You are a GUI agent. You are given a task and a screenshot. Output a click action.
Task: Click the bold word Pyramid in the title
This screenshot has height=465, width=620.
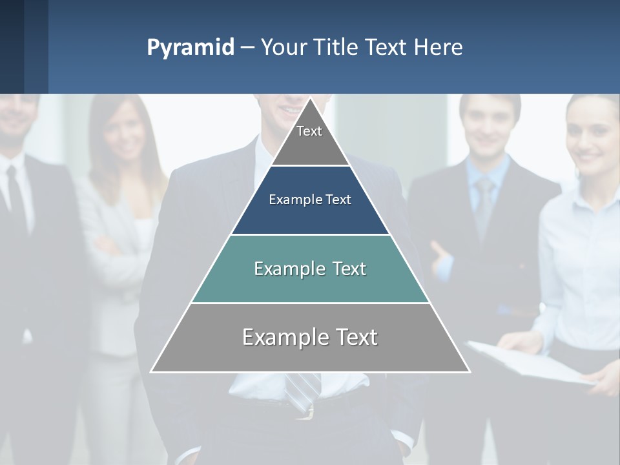190,48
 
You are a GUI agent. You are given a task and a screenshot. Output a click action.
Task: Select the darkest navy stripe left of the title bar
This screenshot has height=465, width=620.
12,46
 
